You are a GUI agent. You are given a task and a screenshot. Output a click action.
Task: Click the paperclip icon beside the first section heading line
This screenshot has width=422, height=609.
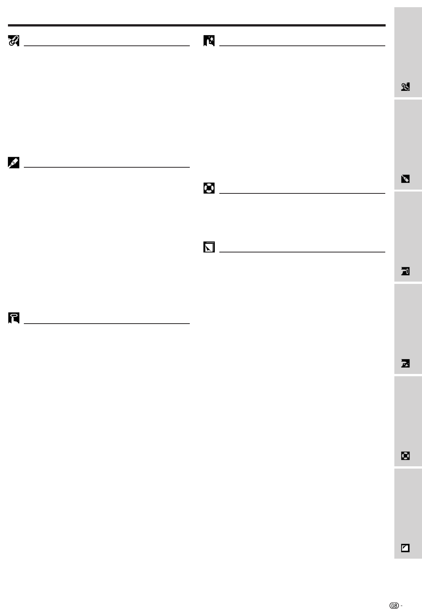(14, 41)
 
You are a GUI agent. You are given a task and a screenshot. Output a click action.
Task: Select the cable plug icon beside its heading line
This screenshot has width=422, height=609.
(14, 163)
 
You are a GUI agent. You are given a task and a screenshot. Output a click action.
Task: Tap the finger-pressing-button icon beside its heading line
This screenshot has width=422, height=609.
(14, 318)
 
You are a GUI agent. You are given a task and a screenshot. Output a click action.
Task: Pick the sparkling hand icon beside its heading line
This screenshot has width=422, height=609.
(209, 41)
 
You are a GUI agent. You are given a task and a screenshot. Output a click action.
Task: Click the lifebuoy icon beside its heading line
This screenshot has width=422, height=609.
(209, 188)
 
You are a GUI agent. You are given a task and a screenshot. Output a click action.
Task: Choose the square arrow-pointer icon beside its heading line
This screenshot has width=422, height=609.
(209, 247)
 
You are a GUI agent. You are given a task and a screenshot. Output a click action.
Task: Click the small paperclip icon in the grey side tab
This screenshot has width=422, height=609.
(405, 87)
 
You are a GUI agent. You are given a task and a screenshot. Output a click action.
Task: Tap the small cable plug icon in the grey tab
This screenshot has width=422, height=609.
(405, 179)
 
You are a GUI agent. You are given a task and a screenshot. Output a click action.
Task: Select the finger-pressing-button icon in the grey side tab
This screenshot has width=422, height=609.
(405, 271)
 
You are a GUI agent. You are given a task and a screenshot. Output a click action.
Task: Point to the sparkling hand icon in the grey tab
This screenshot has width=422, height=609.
(405, 364)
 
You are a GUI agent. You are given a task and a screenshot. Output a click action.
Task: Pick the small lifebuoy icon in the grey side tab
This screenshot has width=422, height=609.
(405, 456)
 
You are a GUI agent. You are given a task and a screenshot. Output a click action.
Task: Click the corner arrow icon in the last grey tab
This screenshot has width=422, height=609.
(405, 548)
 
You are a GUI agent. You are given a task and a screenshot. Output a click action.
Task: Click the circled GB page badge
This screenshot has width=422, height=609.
(395, 595)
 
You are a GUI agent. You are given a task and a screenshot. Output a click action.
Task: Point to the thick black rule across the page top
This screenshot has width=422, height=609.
(197, 25)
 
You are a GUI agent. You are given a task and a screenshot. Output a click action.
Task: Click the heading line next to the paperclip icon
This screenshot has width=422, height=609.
(106, 46)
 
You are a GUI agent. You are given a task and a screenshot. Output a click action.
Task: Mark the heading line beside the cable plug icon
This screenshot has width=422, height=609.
(106, 167)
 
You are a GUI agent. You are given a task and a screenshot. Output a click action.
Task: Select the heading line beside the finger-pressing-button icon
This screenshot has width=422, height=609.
(106, 324)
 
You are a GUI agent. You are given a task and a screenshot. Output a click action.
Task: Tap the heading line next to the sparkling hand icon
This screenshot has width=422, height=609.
(302, 46)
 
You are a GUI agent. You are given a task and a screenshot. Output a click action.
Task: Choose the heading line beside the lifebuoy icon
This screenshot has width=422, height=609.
(302, 193)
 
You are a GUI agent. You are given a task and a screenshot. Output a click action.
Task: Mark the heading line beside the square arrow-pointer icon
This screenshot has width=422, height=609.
(302, 252)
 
